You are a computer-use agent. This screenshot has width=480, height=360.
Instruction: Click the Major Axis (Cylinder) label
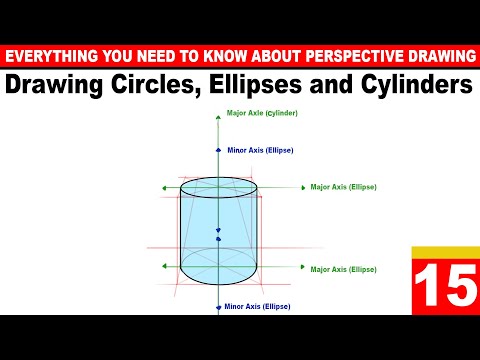coord(261,113)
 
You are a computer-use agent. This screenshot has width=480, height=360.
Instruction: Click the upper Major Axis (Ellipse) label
coord(343,186)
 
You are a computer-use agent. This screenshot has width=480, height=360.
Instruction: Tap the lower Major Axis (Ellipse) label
coord(343,269)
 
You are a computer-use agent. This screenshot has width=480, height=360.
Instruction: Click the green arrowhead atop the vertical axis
coord(218,115)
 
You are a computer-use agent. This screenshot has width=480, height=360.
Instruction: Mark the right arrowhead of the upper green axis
coord(302,187)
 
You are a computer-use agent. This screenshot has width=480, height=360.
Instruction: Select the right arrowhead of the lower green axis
coord(302,267)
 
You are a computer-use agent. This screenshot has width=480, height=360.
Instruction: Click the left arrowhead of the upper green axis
coord(158,187)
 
